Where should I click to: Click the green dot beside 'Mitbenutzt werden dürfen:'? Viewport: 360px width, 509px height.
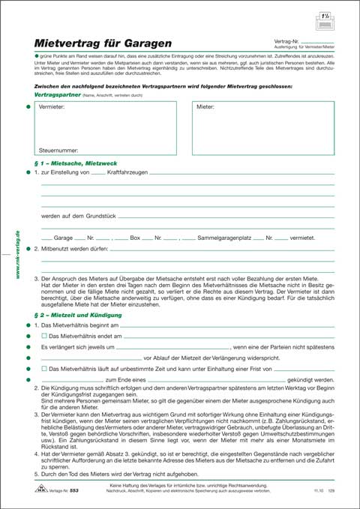(x=28, y=247)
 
